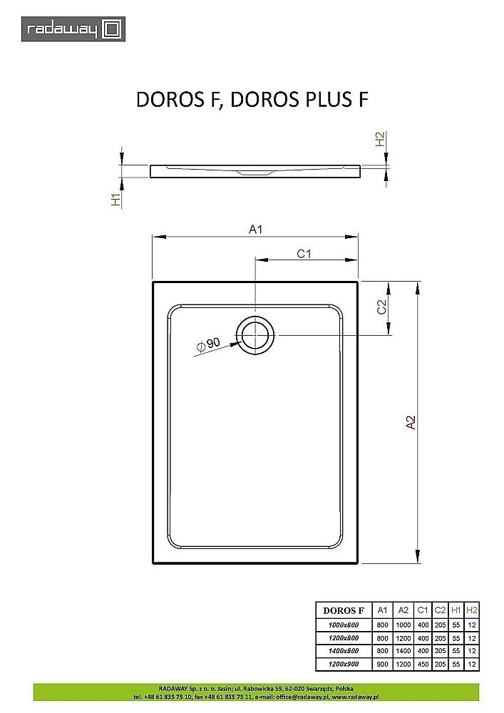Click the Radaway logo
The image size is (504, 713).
point(73,29)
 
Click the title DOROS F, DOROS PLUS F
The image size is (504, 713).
point(252,100)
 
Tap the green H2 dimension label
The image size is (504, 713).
point(381,139)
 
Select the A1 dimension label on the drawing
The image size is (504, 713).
point(255,229)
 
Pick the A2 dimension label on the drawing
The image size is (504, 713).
point(411,422)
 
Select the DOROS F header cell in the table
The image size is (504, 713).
point(344,610)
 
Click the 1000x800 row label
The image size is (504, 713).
point(344,625)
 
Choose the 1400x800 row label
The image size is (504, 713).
point(344,651)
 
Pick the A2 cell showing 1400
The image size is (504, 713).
point(402,651)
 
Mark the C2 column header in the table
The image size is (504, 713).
point(440,610)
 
